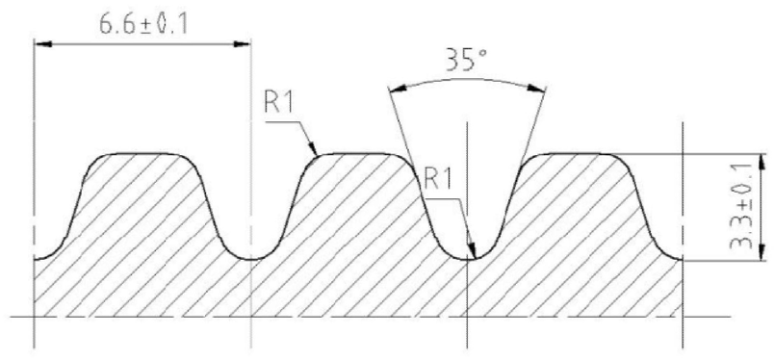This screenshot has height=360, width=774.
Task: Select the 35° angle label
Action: click(x=467, y=61)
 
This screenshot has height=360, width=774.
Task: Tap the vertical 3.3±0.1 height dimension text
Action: click(x=740, y=205)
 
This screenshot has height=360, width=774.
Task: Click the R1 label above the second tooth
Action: click(x=279, y=102)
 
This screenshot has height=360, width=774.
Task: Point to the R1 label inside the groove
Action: click(x=438, y=180)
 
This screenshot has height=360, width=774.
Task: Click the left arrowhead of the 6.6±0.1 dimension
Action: click(x=43, y=44)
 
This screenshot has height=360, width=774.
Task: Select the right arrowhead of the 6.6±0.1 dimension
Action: click(x=242, y=44)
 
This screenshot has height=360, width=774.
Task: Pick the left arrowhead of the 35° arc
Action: click(x=398, y=89)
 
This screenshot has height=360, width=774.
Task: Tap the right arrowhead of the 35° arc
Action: click(x=536, y=89)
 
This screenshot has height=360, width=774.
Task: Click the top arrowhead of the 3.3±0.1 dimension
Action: click(x=762, y=162)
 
